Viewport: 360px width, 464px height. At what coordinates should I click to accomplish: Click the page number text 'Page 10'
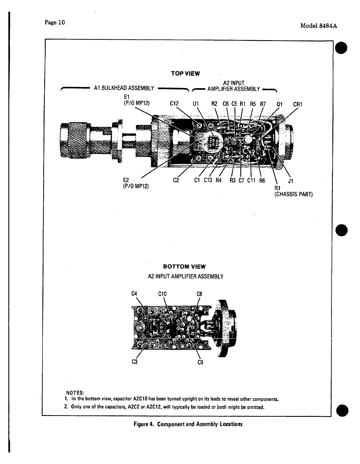(54, 23)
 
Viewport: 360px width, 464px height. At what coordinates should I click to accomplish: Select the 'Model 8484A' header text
(318, 25)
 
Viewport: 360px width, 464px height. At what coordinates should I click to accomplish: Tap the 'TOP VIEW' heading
(185, 74)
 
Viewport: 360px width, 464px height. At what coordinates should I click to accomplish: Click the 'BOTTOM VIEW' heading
(184, 267)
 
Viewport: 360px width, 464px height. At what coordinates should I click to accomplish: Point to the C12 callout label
(175, 104)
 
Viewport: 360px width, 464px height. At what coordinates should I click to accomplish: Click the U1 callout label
(195, 104)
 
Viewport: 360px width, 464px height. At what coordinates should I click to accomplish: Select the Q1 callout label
(280, 104)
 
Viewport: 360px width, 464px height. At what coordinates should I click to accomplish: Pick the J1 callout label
(291, 181)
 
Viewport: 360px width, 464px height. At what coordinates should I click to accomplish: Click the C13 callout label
(208, 180)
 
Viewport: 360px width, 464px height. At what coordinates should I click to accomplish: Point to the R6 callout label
(262, 181)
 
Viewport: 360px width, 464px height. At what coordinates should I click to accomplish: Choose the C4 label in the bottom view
(134, 294)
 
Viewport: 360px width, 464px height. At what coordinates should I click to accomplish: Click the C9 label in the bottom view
(200, 362)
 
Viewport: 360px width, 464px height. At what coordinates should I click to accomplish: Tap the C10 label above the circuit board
(162, 294)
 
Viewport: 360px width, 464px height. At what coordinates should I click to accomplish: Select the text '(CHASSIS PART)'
(294, 194)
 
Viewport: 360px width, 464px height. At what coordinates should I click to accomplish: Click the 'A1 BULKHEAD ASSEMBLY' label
(124, 88)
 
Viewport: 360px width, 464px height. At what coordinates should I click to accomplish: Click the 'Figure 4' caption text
(143, 424)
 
